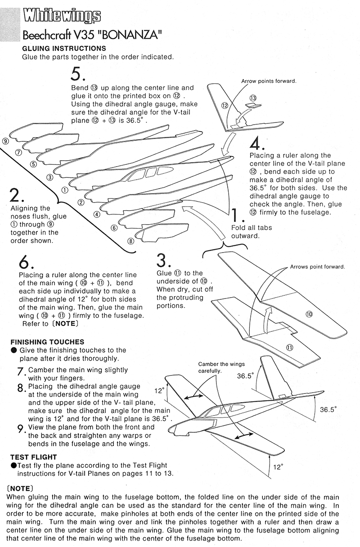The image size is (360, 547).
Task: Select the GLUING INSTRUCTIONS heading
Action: coord(64,49)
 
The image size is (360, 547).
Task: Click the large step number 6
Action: coord(25,262)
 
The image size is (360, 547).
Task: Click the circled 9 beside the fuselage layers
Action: coord(5,141)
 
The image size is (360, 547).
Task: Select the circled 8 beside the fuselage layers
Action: coord(131,241)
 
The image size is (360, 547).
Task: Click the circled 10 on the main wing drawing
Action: coord(309,314)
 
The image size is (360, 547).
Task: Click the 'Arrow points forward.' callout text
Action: coord(269,81)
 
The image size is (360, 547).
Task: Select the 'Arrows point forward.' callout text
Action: coord(317,267)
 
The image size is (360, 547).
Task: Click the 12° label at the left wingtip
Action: coord(158,391)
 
